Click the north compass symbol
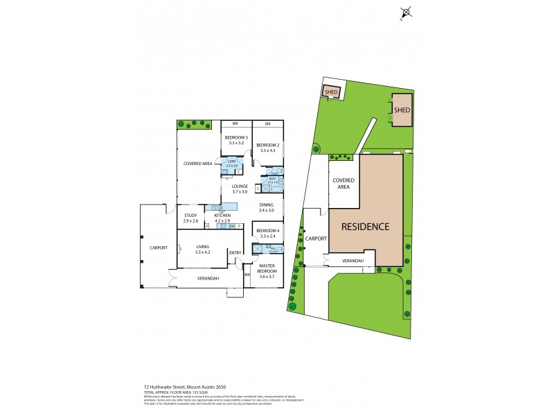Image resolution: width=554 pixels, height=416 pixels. tap(407, 12)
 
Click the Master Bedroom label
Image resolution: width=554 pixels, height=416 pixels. tap(267, 268)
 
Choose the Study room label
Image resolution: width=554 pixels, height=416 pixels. tap(190, 216)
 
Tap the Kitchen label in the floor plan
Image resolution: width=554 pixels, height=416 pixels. tap(222, 216)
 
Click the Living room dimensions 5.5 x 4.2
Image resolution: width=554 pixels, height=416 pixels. tap(203, 252)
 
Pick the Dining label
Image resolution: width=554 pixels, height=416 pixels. tap(267, 205)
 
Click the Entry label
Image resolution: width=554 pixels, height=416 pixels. tap(235, 252)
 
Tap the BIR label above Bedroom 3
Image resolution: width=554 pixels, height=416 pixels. tap(235, 123)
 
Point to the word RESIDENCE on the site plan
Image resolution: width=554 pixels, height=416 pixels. tap(364, 227)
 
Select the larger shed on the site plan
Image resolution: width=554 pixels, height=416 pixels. tap(402, 110)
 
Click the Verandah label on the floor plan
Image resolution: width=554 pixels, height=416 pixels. tap(208, 278)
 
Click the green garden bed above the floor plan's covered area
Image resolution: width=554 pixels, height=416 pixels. tap(197, 124)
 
